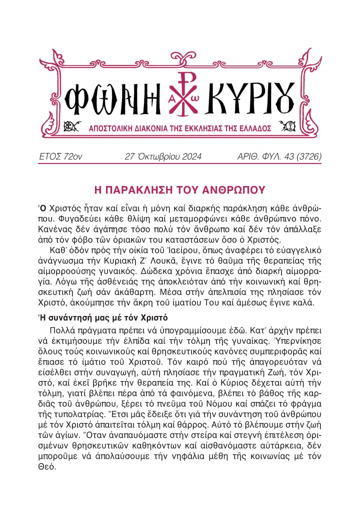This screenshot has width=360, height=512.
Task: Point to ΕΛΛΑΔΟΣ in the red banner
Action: tap(253, 129)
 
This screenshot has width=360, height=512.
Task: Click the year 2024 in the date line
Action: tap(189, 157)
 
